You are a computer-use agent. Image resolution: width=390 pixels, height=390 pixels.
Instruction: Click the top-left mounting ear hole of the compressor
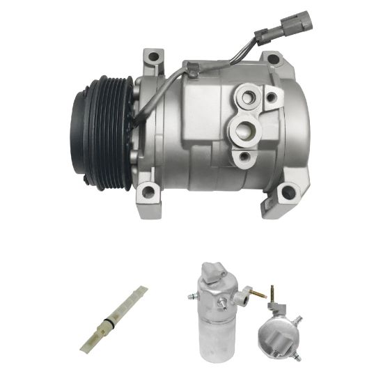[x=152, y=56]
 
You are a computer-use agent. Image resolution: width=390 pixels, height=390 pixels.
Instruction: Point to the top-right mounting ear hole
[x=273, y=59]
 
